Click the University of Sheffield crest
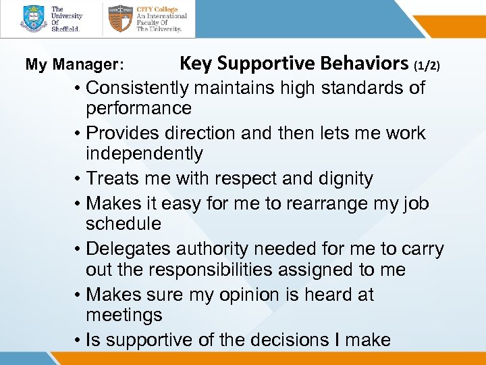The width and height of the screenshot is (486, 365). (34, 19)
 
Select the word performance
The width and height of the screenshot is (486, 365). (138, 108)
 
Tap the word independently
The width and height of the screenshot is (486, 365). (144, 154)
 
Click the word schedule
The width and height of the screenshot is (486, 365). (124, 223)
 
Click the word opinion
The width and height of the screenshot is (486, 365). (260, 295)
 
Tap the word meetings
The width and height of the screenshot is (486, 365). (124, 315)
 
